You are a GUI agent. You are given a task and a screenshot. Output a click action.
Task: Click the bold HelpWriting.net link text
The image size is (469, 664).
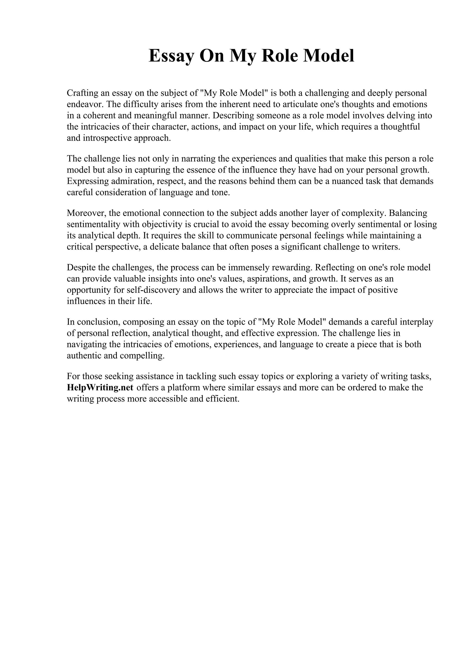click(x=100, y=387)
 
